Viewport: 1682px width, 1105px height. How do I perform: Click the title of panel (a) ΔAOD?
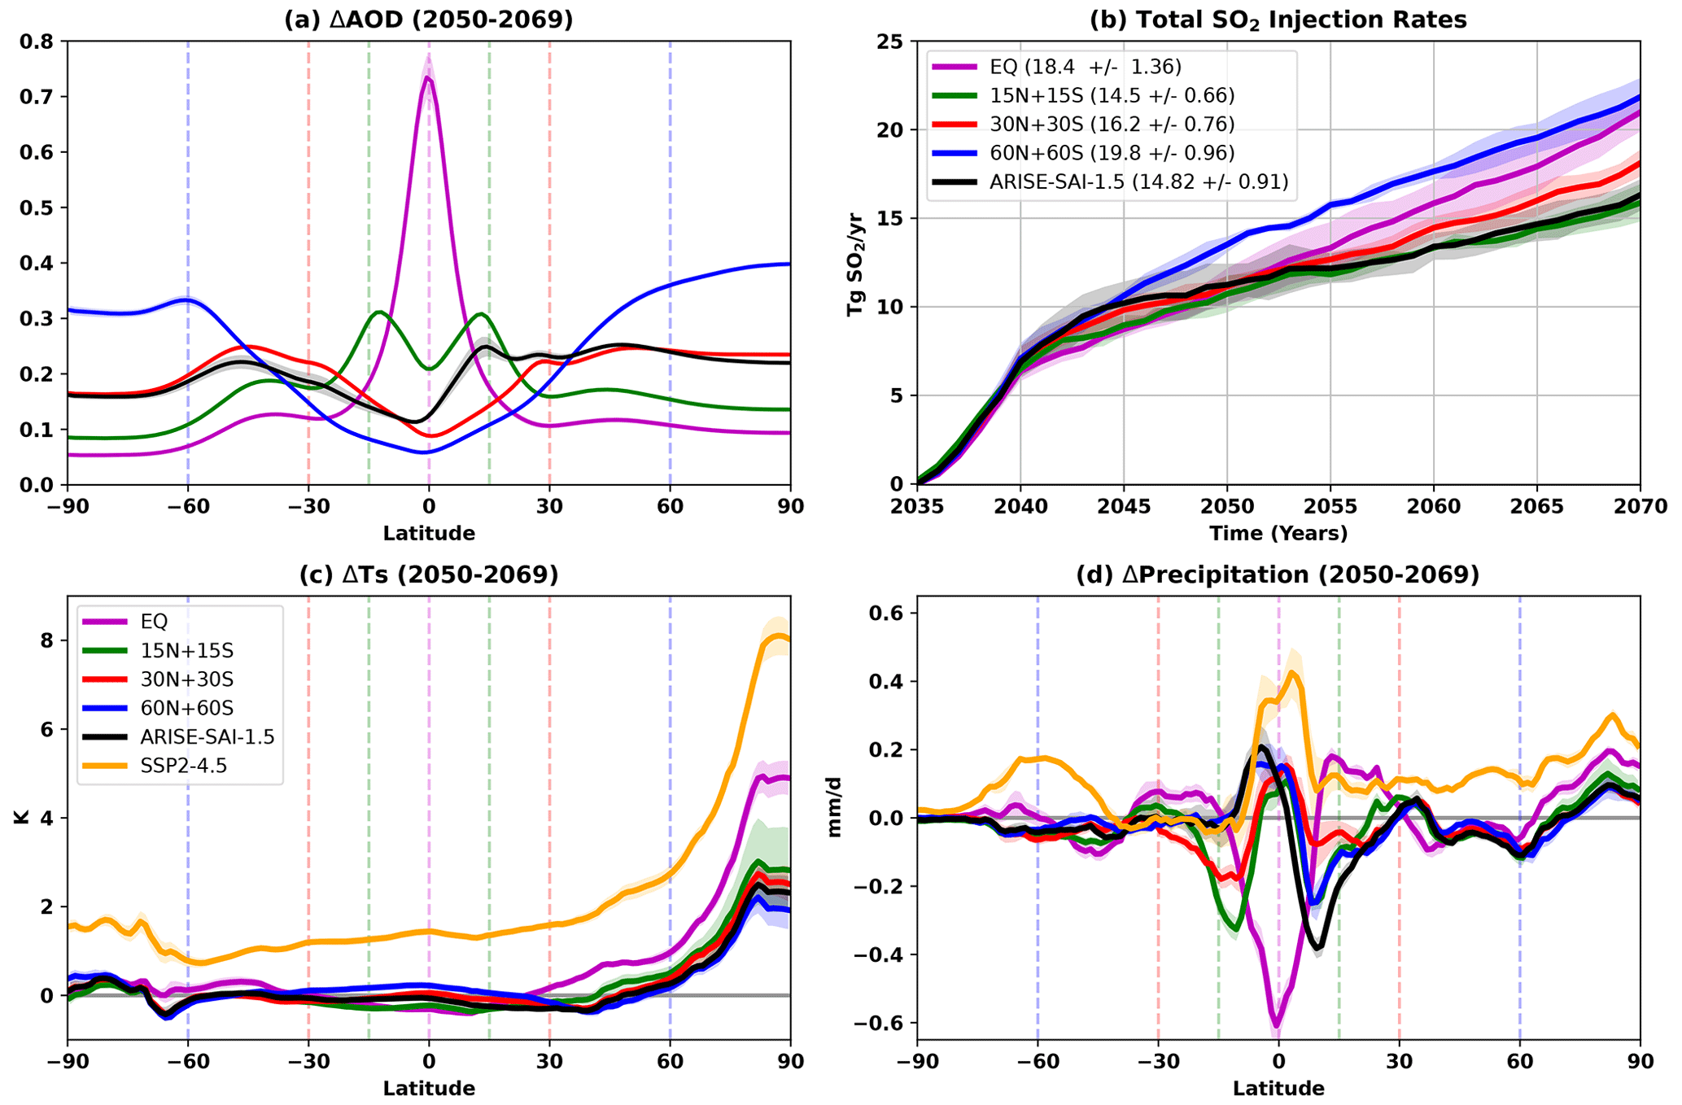tap(428, 20)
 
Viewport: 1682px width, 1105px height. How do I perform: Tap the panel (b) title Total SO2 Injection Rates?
tap(1278, 20)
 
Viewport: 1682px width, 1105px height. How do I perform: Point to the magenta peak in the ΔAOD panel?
tap(428, 78)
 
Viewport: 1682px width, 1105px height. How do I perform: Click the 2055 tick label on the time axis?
tap(1330, 507)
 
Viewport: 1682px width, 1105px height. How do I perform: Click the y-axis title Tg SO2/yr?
tap(855, 263)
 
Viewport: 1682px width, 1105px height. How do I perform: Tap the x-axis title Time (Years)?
tap(1278, 534)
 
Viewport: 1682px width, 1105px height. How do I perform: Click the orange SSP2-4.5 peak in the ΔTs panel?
tap(780, 635)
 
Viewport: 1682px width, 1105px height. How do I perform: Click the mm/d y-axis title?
tap(835, 818)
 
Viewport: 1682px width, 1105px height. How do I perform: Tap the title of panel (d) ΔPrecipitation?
tap(1278, 575)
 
